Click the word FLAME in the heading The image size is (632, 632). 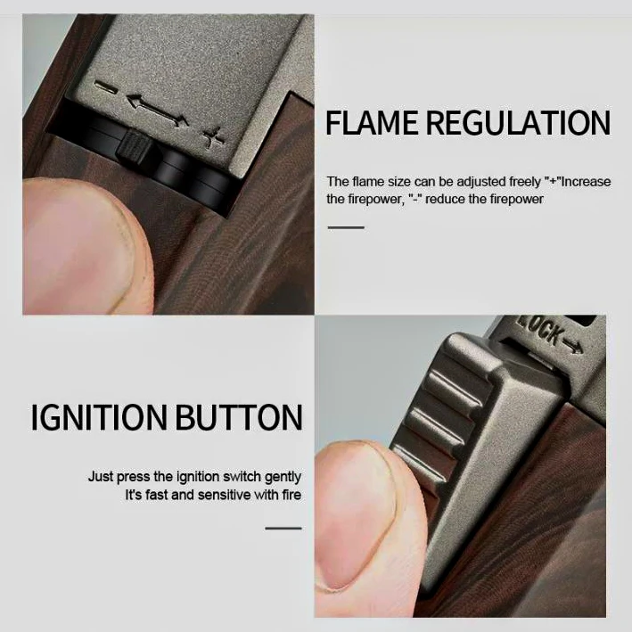pos(372,122)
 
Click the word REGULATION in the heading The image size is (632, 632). pos(519,122)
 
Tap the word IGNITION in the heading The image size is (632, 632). pos(99,417)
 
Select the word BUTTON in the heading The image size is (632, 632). pos(239,417)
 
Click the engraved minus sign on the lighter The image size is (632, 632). pos(105,87)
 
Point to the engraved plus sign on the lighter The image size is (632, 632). pos(213,137)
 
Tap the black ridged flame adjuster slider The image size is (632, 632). pos(134,147)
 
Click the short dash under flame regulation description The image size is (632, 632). pos(346,227)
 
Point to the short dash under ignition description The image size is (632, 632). pos(283,528)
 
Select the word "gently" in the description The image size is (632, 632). pos(283,477)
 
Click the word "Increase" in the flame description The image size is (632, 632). pos(587,182)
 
